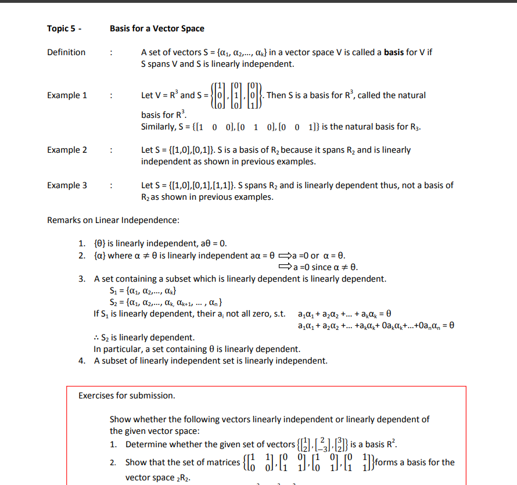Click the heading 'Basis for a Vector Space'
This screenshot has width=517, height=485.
click(157, 28)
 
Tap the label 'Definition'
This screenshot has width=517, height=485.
click(66, 52)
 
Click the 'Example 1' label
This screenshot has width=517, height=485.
click(67, 95)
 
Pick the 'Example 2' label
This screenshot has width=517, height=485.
click(67, 150)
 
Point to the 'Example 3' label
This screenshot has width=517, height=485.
click(67, 185)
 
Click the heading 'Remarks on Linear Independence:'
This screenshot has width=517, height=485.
click(113, 220)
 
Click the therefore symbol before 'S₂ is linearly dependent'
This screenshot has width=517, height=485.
click(96, 337)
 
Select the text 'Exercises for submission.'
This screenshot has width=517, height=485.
click(127, 396)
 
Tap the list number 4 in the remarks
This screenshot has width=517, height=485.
click(82, 361)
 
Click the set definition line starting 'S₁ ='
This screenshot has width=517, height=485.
click(135, 290)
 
